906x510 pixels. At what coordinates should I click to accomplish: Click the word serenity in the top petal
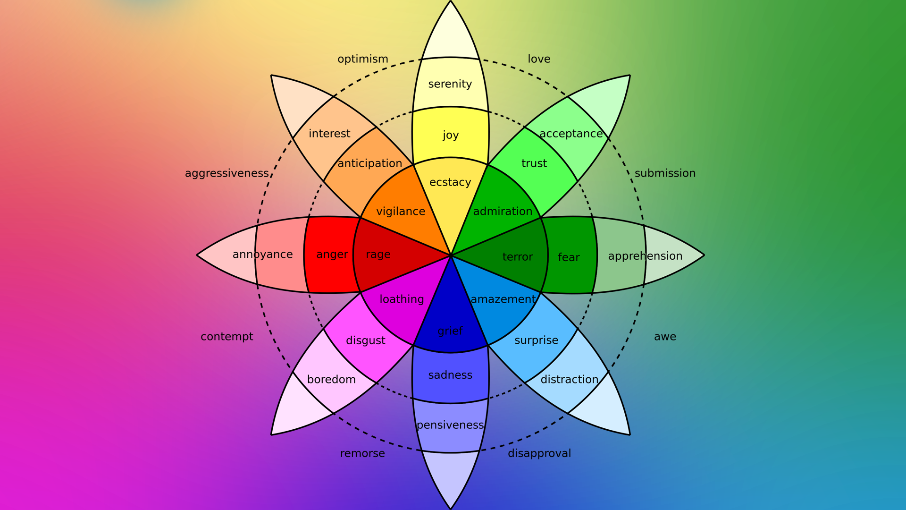[450, 84]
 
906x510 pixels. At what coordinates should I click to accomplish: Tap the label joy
[451, 136]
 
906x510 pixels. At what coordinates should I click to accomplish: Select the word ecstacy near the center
[450, 182]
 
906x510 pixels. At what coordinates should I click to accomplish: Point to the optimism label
[362, 59]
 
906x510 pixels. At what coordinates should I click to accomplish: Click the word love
[539, 59]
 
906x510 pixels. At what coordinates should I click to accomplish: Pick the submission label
[665, 173]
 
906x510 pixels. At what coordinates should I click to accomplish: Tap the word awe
[665, 337]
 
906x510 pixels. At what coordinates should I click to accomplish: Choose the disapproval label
[539, 453]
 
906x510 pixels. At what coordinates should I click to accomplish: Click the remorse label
[362, 453]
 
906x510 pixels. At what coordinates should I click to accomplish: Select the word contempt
[227, 337]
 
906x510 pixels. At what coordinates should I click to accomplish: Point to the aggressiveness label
[227, 173]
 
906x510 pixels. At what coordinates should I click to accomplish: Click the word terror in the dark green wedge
[517, 257]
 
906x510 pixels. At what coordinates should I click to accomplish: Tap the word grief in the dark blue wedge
[450, 331]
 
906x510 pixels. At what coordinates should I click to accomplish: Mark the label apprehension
[645, 256]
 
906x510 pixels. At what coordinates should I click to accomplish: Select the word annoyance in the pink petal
[262, 255]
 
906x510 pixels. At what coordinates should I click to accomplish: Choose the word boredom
[331, 380]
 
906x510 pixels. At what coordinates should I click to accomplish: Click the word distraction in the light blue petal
[569, 380]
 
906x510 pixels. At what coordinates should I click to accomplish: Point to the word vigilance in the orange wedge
[401, 212]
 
